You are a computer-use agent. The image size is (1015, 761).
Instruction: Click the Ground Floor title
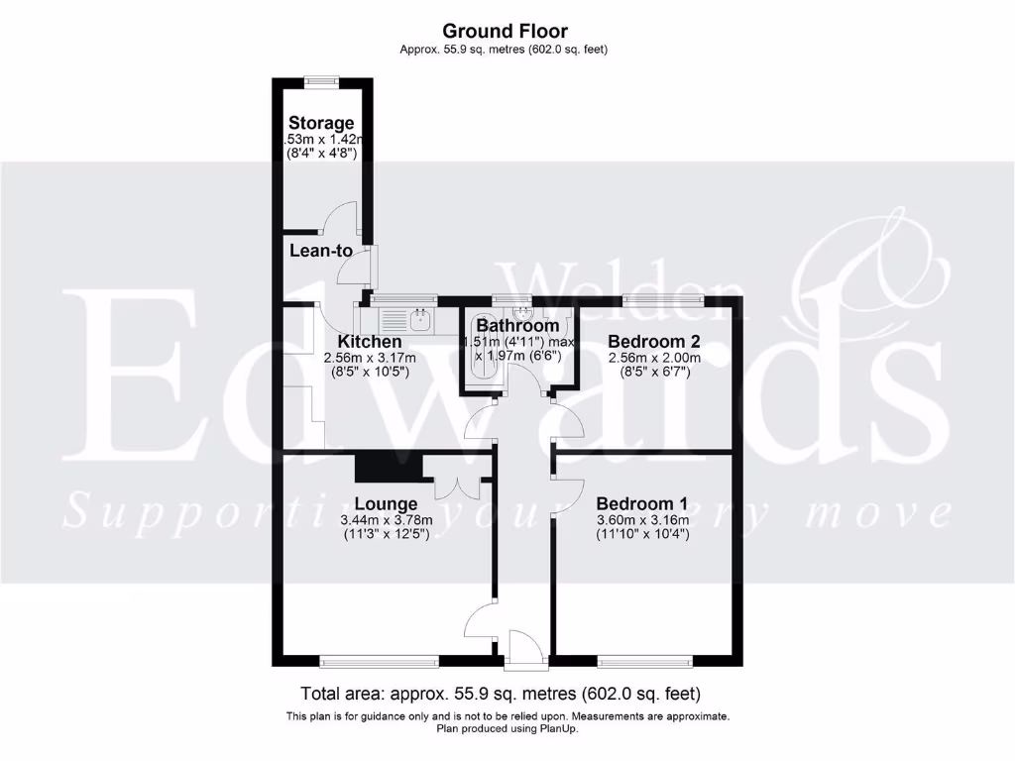506,32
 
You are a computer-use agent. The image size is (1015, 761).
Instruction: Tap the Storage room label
321,123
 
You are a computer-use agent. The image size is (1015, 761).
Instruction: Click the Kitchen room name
368,342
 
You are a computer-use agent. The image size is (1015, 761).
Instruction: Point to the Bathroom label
517,326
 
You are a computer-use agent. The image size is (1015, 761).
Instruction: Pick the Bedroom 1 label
642,502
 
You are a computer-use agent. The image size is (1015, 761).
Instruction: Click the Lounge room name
381,502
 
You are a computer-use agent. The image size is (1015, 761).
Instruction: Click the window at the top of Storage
321,81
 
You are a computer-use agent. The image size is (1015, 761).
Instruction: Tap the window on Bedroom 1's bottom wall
645,659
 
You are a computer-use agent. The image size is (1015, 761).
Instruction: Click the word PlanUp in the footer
557,728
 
